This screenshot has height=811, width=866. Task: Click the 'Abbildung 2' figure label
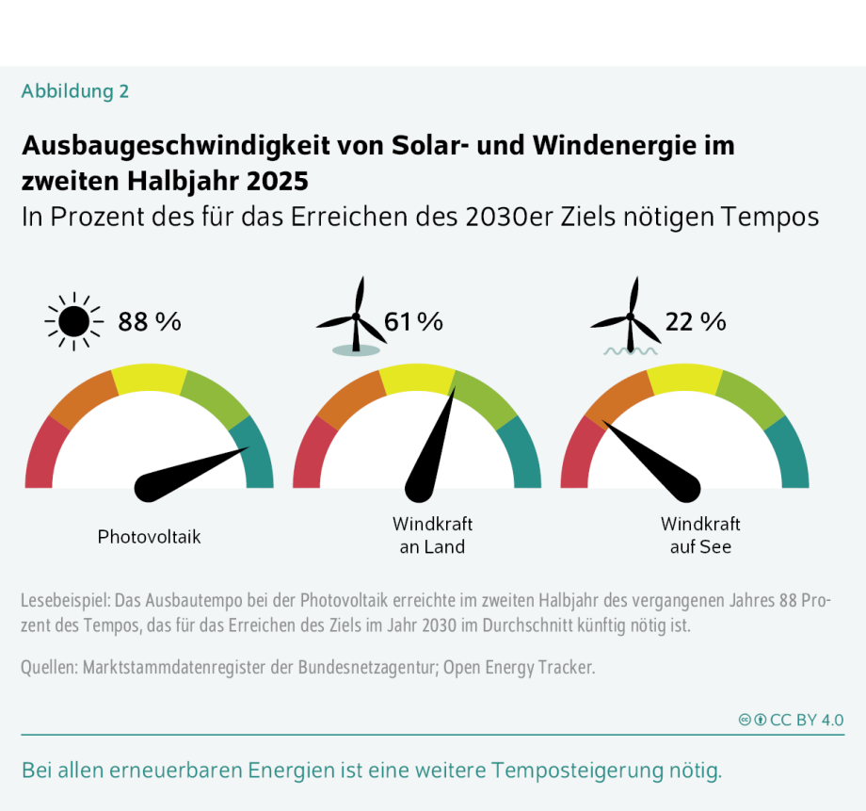coord(75,91)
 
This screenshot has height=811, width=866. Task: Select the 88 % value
coord(149,322)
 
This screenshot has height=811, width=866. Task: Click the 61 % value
coord(413,322)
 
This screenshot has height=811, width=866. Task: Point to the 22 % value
coord(696,322)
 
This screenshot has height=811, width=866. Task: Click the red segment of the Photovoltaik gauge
coord(43,453)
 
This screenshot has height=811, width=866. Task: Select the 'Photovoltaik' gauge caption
coord(149,537)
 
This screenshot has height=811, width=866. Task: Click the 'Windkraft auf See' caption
coord(700,535)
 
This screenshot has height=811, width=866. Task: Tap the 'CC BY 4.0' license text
coord(806,720)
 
